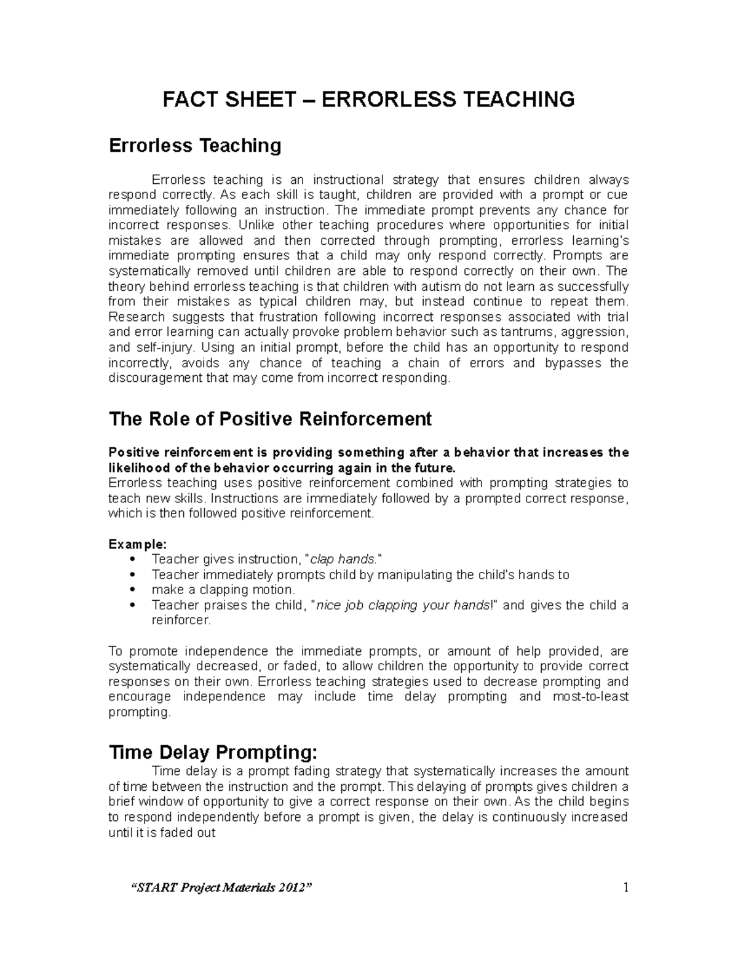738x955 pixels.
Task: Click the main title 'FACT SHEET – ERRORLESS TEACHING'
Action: [x=368, y=99]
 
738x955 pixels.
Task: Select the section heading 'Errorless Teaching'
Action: [x=195, y=146]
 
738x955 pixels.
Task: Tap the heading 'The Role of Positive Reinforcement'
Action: [x=270, y=419]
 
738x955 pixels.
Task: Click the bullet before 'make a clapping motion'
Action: [x=134, y=590]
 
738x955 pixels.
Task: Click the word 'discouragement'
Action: [x=156, y=378]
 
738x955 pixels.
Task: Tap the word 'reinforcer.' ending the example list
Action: [x=181, y=620]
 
